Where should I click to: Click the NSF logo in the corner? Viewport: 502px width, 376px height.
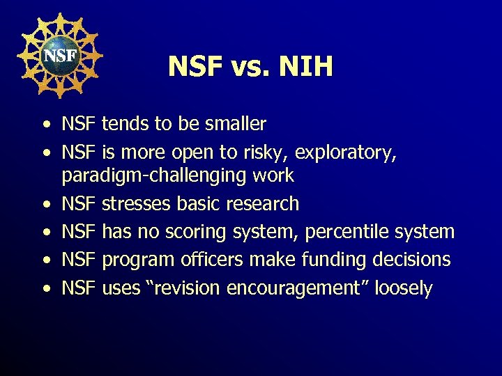tap(59, 55)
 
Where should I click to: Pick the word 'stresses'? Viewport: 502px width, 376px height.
tap(137, 204)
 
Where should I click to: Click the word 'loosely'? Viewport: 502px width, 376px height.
tap(403, 288)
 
